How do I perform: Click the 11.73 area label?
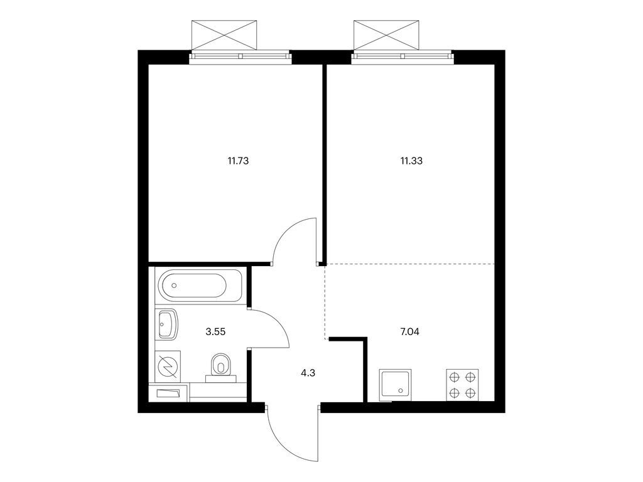(x=238, y=161)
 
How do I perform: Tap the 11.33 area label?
(x=411, y=161)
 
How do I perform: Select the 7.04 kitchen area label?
(x=409, y=331)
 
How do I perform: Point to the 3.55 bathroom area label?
(x=216, y=331)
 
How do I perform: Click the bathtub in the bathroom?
(x=202, y=285)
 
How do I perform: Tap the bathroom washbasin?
(x=166, y=324)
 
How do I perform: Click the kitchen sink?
(x=396, y=385)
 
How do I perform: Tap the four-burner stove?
(x=462, y=385)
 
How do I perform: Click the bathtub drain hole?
(x=175, y=285)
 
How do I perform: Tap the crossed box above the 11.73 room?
(x=224, y=35)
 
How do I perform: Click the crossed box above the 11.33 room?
(x=386, y=35)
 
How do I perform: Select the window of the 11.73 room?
(x=240, y=56)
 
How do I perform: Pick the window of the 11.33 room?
(x=403, y=56)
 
